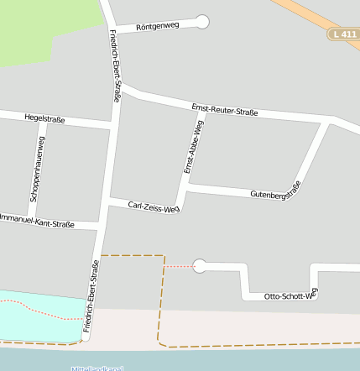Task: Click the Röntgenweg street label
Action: (x=158, y=26)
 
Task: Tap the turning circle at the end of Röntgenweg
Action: (x=202, y=21)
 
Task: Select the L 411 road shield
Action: (x=344, y=34)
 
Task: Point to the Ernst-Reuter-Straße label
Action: (x=224, y=109)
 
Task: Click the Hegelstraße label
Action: (x=44, y=118)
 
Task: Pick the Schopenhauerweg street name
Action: (x=38, y=168)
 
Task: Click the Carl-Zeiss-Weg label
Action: (x=154, y=206)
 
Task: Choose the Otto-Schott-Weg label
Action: (x=291, y=295)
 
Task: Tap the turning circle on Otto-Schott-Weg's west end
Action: (x=200, y=266)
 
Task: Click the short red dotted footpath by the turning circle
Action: (x=178, y=266)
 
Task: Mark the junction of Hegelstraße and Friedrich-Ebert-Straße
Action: (x=111, y=127)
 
